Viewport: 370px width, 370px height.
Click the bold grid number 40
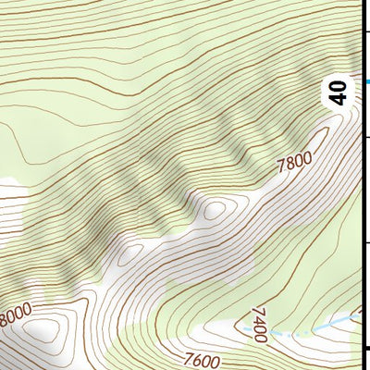[x=339, y=92]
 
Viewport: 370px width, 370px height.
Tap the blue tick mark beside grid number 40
[x=367, y=82]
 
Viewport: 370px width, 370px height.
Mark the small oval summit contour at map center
[x=215, y=210]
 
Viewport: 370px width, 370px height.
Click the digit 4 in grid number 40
[x=339, y=99]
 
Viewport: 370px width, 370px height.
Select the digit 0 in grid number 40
[x=339, y=86]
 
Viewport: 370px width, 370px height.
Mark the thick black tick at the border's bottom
[x=366, y=347]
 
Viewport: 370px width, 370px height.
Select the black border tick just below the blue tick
[x=366, y=136]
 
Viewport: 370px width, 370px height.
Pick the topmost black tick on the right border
[x=366, y=30]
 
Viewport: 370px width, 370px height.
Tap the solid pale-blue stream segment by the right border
[x=347, y=320]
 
